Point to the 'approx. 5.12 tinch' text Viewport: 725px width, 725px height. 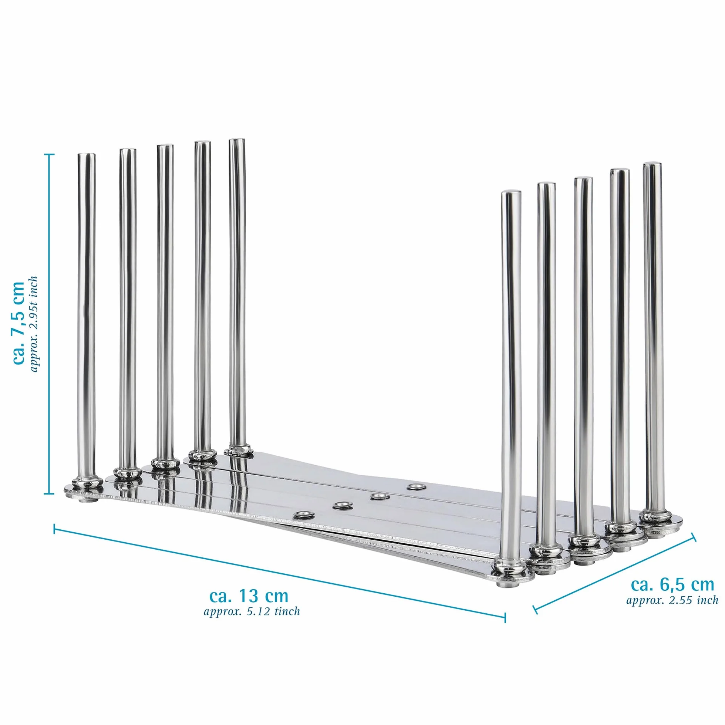[x=252, y=611]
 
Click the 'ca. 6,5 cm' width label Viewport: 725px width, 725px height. [x=672, y=584]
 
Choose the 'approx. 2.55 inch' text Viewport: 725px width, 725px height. [x=672, y=600]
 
